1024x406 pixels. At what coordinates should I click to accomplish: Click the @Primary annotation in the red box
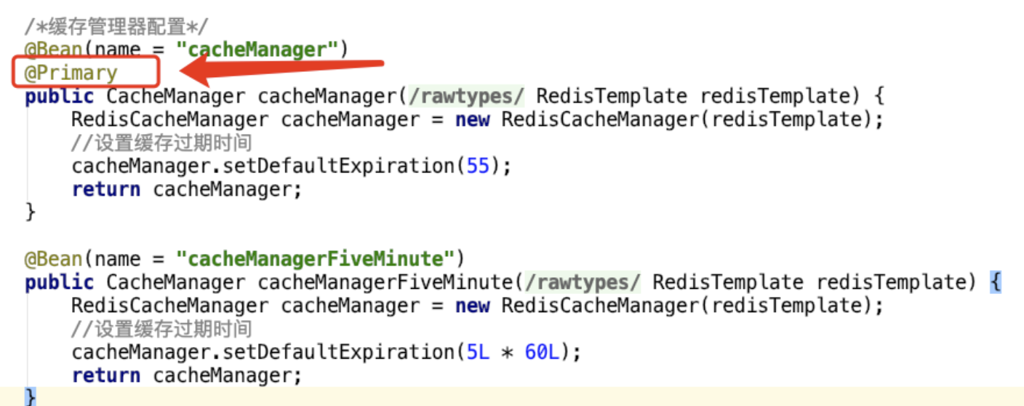click(x=71, y=73)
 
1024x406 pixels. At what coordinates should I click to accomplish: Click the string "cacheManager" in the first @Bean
click(x=259, y=49)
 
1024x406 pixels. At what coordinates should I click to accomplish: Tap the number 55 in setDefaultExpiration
click(x=478, y=166)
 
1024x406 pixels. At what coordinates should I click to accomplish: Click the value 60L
click(x=543, y=352)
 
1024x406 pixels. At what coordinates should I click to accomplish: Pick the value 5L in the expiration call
click(x=478, y=352)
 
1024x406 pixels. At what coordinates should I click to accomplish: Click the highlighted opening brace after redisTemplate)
click(x=995, y=282)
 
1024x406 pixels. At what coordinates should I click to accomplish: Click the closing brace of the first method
click(x=30, y=212)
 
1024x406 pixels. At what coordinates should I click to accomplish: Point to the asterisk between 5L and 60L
click(x=508, y=352)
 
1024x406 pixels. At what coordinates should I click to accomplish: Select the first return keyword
click(x=106, y=189)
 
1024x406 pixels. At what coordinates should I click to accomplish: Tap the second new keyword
click(x=472, y=306)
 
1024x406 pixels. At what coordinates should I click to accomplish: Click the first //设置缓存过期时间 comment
click(x=161, y=143)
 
